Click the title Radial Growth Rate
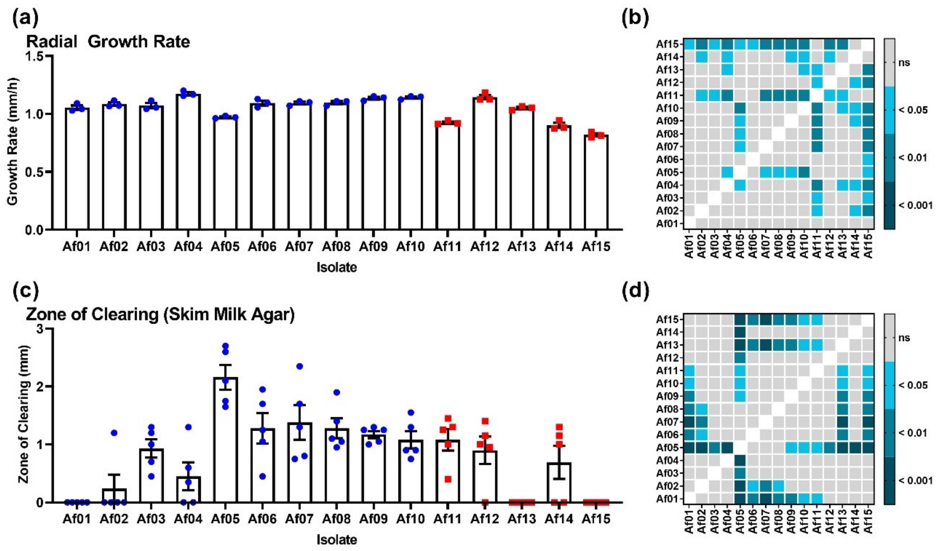pyautogui.click(x=108, y=42)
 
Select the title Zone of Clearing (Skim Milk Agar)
pyautogui.click(x=160, y=315)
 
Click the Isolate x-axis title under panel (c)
pyautogui.click(x=336, y=540)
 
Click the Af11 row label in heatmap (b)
pyautogui.click(x=669, y=95)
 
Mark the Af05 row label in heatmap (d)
pyautogui.click(x=669, y=448)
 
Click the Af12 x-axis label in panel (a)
pyautogui.click(x=484, y=246)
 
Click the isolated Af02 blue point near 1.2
pyautogui.click(x=114, y=433)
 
